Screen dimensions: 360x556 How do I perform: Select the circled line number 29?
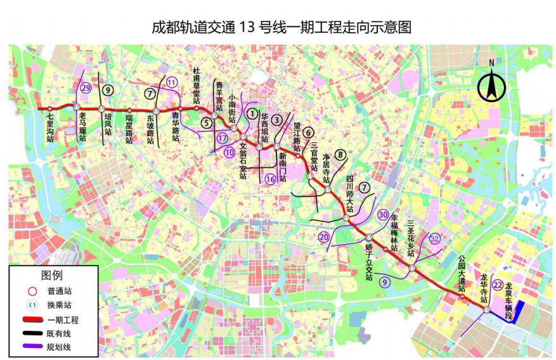pyautogui.click(x=86, y=89)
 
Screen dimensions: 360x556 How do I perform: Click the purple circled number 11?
pyautogui.click(x=172, y=81)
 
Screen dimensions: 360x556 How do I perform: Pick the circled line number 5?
pyautogui.click(x=205, y=122)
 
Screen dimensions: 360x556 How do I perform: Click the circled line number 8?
pyautogui.click(x=341, y=154)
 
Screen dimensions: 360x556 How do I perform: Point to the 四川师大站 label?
pyautogui.click(x=349, y=193)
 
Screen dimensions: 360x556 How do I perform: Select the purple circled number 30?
pyautogui.click(x=382, y=215)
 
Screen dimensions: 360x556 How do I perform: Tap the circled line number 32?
pyautogui.click(x=434, y=239)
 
